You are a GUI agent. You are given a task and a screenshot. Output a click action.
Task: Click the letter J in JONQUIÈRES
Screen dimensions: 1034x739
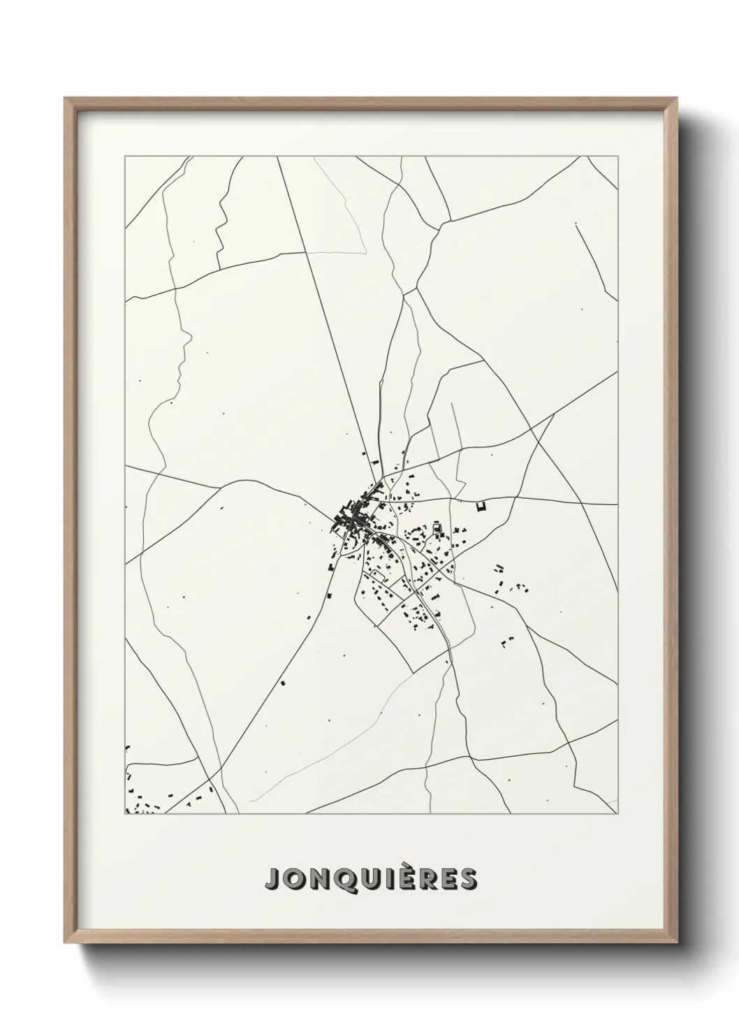coord(271,880)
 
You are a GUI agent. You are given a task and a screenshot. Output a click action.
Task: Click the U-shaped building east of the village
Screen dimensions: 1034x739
coord(481,506)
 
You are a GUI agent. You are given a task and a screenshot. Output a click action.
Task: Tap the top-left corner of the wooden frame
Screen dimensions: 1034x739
coord(65,99)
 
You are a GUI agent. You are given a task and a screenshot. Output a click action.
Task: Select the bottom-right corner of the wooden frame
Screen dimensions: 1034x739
coord(676,943)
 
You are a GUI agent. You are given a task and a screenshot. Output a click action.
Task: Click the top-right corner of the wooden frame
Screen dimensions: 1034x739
coord(676,99)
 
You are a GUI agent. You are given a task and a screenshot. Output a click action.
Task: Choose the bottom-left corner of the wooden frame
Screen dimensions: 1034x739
coord(65,943)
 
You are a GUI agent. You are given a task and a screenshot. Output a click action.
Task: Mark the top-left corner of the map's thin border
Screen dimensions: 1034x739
coord(125,156)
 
